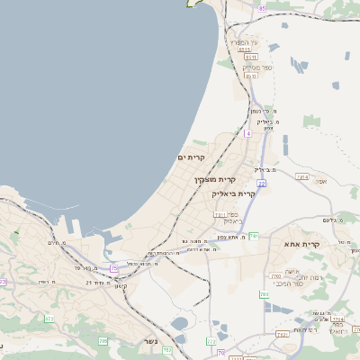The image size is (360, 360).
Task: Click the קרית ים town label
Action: point(192,158)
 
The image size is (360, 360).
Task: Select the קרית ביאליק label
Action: point(234,193)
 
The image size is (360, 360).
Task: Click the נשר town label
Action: point(150,342)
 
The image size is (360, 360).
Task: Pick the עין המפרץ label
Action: point(243,42)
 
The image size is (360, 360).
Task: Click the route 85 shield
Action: point(262,8)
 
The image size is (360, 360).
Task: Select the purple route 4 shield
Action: point(247,133)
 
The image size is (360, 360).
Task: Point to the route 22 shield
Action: point(261,183)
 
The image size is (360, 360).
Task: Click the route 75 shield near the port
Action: point(114,268)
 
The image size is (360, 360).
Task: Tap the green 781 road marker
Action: point(255,236)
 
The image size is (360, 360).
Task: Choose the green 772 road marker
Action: point(210,341)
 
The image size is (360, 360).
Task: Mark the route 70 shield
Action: point(221,353)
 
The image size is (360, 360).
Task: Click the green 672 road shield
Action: point(49,319)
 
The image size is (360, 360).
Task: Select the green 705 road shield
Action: point(103,341)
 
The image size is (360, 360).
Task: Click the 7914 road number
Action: point(302,177)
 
